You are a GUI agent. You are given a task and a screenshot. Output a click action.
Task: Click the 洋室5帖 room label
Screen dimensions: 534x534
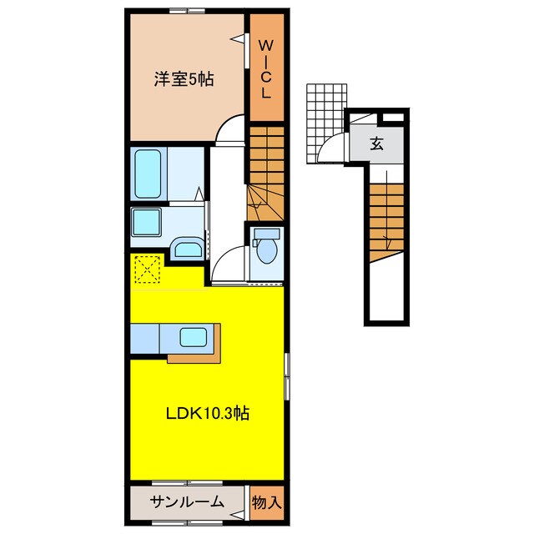(x=183, y=81)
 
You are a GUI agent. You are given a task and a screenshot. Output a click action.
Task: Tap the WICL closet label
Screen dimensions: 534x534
(x=264, y=68)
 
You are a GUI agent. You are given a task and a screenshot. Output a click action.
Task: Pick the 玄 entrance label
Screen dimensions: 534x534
(x=377, y=144)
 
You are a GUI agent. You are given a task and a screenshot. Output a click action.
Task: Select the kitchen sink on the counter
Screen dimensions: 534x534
(x=194, y=339)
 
